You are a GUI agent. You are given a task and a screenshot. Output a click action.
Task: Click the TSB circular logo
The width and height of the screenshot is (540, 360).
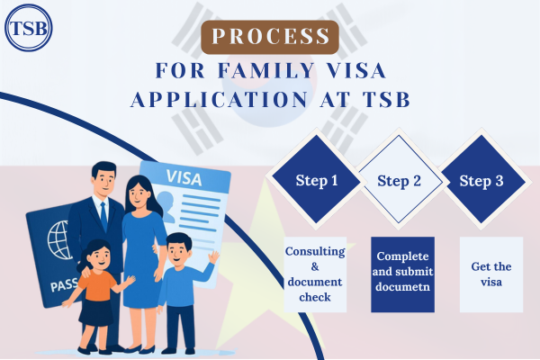(28, 28)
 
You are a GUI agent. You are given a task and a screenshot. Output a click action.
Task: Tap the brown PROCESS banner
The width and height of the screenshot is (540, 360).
(270, 37)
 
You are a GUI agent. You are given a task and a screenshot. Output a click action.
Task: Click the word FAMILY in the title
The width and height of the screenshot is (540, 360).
(266, 70)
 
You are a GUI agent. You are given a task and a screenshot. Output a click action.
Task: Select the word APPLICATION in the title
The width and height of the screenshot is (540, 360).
(219, 100)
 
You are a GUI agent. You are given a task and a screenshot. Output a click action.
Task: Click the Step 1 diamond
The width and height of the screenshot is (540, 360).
(316, 179)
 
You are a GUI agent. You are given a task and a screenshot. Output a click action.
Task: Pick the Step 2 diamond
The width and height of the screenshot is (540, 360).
(399, 179)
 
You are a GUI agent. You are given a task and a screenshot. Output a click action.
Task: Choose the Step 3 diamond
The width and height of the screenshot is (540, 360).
(481, 179)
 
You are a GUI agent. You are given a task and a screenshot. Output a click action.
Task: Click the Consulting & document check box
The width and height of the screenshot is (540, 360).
(315, 274)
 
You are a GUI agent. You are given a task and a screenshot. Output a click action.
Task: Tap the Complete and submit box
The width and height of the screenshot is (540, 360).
(402, 274)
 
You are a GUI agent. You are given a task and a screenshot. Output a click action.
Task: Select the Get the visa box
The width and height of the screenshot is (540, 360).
(491, 274)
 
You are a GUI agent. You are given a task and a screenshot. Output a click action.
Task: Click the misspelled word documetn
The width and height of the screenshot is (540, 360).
(402, 286)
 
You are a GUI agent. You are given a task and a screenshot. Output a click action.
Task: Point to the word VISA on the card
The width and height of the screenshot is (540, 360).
(184, 178)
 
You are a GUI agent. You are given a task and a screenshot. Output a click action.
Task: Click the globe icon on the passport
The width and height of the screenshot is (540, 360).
(59, 240)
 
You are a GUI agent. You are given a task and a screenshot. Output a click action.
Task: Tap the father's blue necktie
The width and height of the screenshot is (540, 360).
(103, 216)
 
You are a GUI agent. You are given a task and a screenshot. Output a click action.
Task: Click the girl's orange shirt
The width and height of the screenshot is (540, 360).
(97, 285)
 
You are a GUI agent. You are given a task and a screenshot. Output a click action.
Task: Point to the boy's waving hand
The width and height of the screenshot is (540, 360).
(214, 257)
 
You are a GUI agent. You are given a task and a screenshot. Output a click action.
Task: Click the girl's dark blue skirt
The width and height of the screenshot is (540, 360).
(96, 312)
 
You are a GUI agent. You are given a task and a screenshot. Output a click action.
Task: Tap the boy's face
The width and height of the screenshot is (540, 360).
(178, 252)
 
